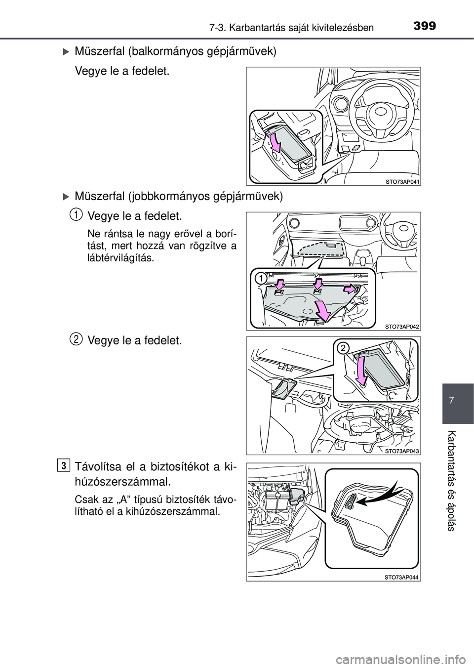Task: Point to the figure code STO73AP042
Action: point(402,326)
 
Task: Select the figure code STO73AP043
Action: point(402,451)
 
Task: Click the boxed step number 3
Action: point(64,465)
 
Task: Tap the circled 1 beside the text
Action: point(76,213)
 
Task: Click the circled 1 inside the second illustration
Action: point(261,279)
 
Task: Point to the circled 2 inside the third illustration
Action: point(343,349)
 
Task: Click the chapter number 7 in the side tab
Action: point(458,404)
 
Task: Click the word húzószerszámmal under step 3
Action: point(123,481)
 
